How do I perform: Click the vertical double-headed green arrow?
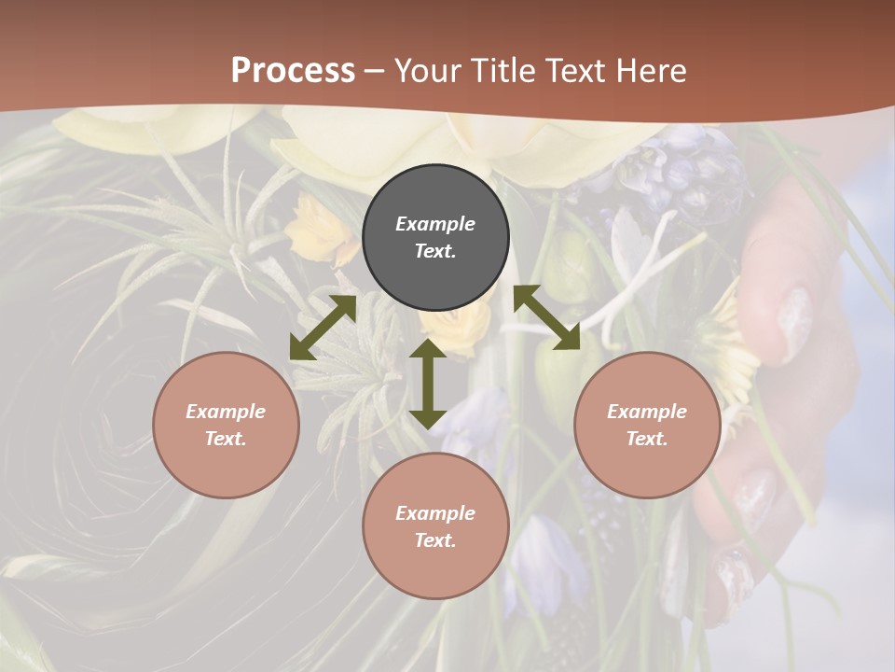click(428, 384)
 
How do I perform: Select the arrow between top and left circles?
click(323, 328)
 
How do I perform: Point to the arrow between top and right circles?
click(546, 318)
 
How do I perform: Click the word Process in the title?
click(293, 71)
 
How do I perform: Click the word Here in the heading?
click(652, 71)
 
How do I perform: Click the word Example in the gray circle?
click(435, 224)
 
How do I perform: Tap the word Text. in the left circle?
click(226, 439)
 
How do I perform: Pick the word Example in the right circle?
click(647, 412)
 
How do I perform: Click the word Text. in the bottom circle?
click(435, 540)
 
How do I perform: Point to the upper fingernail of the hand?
click(793, 323)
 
